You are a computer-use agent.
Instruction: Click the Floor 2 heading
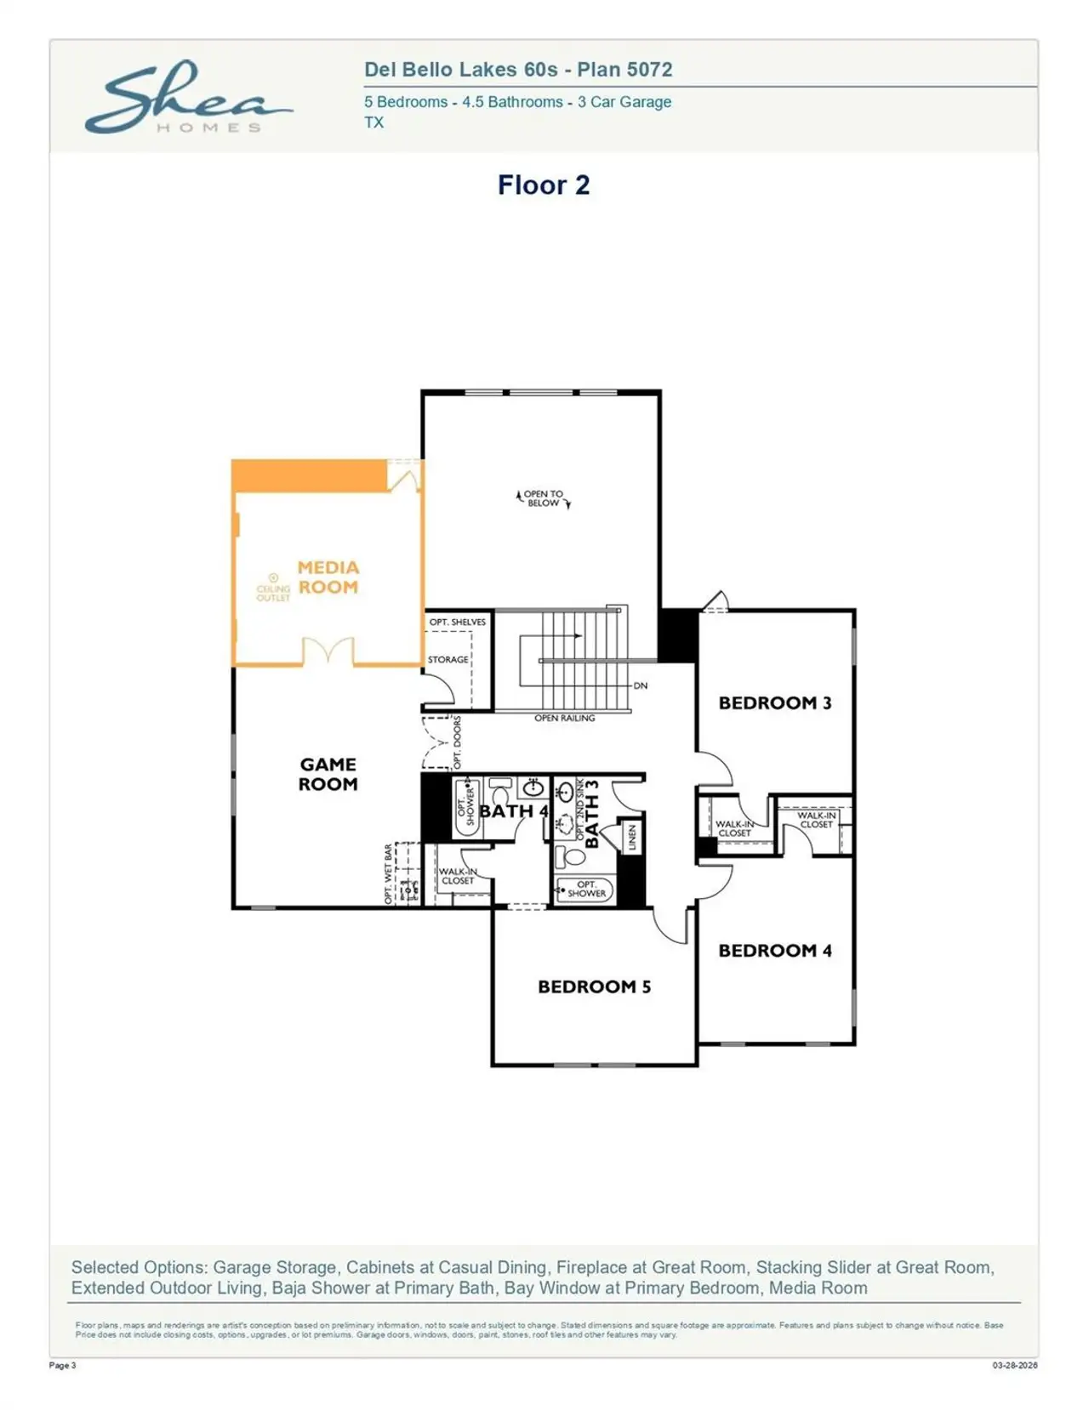(543, 185)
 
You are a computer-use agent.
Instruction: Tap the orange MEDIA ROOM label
(328, 577)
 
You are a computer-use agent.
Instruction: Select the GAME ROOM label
(328, 774)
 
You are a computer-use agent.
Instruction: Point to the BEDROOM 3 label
(774, 702)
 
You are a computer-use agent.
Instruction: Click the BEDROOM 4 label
(774, 950)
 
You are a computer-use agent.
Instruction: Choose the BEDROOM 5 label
(594, 986)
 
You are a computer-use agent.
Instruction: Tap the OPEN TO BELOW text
(543, 498)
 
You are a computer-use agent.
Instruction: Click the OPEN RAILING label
(564, 718)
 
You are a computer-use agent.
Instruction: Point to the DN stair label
(641, 685)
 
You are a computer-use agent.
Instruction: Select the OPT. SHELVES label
(457, 622)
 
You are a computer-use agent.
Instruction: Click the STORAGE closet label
(448, 659)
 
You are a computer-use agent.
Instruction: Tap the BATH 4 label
(513, 810)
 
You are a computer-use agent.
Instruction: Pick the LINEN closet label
(632, 838)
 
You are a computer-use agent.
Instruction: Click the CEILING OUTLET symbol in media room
(273, 578)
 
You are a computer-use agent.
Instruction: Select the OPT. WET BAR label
(389, 873)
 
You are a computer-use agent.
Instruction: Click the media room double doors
(328, 651)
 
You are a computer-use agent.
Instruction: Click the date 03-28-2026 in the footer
(1014, 1366)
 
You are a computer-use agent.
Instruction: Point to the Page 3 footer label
(62, 1366)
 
